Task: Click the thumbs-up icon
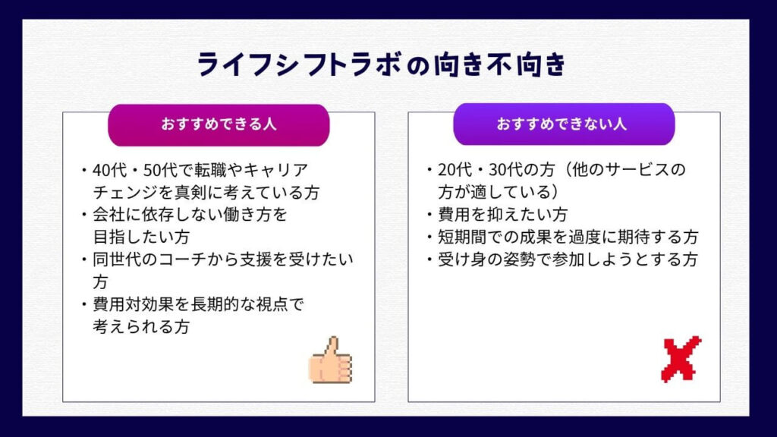[x=330, y=360]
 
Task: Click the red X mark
[x=681, y=359]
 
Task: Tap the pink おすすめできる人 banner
[x=219, y=125]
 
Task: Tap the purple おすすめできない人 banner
[x=564, y=124]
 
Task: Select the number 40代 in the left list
[x=110, y=170]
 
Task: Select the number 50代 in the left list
[x=160, y=170]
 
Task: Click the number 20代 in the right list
[x=455, y=169]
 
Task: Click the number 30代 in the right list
[x=505, y=169]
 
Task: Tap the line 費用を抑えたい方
[x=502, y=215]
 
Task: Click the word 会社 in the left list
[x=109, y=215]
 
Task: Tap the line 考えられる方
[x=141, y=326]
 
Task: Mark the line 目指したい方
[x=141, y=237]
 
